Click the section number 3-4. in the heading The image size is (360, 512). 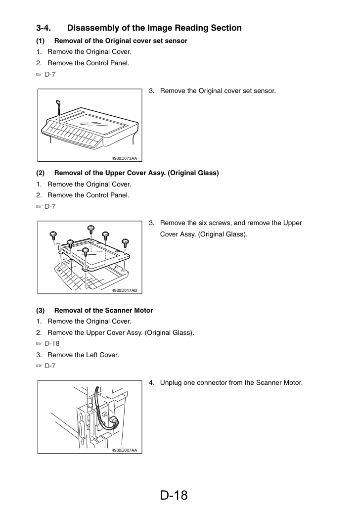tap(44, 28)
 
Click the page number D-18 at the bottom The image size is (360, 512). tap(174, 495)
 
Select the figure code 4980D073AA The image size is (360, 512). tap(124, 158)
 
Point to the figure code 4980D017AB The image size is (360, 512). tap(124, 290)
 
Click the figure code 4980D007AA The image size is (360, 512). tap(124, 450)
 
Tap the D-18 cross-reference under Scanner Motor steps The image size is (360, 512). tap(52, 343)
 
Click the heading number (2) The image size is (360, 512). tap(41, 173)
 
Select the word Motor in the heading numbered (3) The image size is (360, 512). tap(143, 310)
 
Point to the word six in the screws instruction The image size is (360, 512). tap(203, 223)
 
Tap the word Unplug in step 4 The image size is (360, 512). tap(171, 383)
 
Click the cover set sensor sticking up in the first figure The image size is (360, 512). tap(58, 106)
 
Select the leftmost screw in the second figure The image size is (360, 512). tap(53, 236)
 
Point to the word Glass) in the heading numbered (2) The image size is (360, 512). tap(208, 173)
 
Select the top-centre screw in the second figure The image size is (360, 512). tap(91, 229)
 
